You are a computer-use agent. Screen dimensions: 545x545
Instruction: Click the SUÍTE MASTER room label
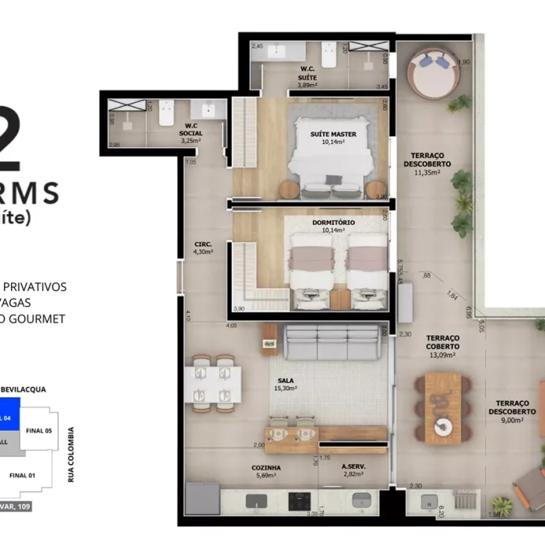(333, 139)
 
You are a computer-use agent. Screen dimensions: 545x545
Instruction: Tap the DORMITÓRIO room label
(333, 227)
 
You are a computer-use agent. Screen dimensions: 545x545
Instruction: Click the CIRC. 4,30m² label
(203, 248)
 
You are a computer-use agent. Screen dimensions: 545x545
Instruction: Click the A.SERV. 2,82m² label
(355, 472)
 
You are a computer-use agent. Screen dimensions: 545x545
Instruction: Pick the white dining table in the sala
(213, 383)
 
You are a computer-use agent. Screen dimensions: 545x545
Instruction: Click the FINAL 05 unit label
(39, 431)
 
